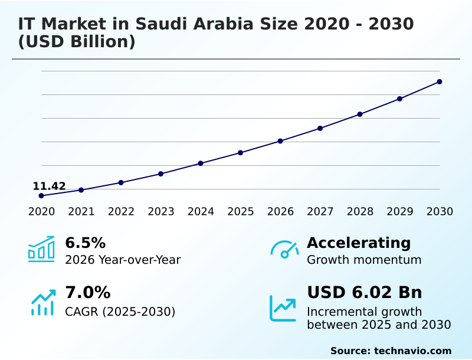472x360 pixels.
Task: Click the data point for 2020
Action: (41, 195)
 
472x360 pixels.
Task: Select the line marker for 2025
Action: (240, 153)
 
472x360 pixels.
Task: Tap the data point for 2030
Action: (440, 81)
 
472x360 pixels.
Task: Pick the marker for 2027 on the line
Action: (320, 128)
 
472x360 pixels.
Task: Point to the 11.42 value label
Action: (49, 186)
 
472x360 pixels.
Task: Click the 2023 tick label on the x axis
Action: (160, 212)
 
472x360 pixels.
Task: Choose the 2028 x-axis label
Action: (360, 212)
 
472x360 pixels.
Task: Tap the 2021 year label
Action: (81, 212)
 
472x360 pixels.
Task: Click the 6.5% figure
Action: (85, 243)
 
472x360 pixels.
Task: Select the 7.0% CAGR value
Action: (87, 292)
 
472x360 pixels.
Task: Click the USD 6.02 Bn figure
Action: (364, 292)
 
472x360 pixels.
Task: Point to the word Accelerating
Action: (359, 243)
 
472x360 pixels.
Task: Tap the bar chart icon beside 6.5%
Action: (41, 249)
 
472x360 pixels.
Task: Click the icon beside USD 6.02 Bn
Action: (283, 308)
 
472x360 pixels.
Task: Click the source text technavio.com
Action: (412, 351)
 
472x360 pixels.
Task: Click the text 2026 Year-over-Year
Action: (123, 260)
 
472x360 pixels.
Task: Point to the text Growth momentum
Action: (364, 260)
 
